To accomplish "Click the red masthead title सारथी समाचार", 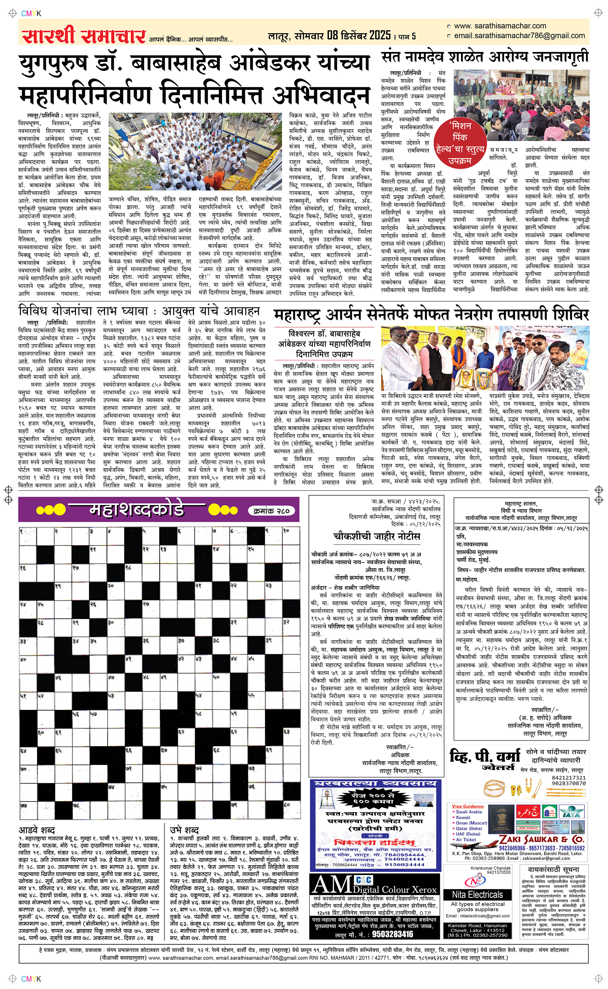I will coord(83,36).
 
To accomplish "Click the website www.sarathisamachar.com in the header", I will coord(500,26).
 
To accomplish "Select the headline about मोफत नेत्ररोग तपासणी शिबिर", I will coord(431,315).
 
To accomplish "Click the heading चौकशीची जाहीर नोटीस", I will coord(376,536).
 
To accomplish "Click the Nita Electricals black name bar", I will coord(477,894).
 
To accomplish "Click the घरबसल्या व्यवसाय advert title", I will coord(375,783).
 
